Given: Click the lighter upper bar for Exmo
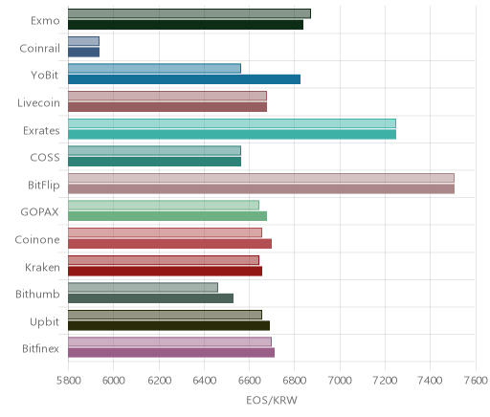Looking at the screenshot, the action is [189, 13].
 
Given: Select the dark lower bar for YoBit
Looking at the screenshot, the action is [184, 79].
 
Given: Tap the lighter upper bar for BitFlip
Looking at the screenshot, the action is [261, 178].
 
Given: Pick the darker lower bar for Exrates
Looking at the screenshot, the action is [232, 134].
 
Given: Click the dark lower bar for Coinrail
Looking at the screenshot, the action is [83, 52].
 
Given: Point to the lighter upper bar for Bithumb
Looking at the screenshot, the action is [143, 287].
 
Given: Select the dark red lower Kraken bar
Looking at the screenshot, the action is [165, 271].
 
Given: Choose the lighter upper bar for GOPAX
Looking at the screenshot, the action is [164, 205].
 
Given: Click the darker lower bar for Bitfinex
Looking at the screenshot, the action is [171, 353].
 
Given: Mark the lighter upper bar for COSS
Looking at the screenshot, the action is [154, 150].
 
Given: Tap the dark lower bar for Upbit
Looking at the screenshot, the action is [168, 325].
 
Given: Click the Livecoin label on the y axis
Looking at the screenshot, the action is [38, 103].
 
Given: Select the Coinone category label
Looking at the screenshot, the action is [37, 239].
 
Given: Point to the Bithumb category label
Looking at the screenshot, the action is [37, 294].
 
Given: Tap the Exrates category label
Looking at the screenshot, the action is [41, 131].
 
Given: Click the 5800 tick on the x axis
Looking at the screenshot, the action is [69, 381].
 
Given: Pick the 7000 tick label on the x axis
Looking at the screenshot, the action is [340, 381].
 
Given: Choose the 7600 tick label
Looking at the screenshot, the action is [476, 381].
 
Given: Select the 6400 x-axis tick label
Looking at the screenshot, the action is [205, 381].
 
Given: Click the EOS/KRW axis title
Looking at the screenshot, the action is [272, 400].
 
